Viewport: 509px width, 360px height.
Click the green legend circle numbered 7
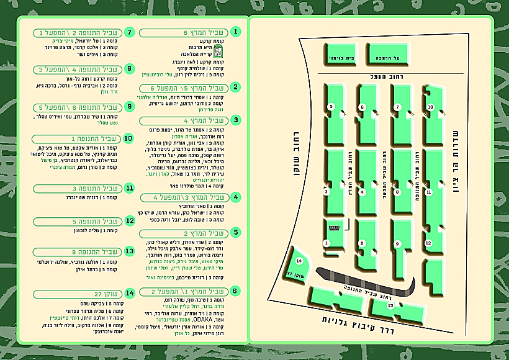130,32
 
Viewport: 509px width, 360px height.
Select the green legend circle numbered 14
130,292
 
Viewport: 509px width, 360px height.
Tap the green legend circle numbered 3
235,120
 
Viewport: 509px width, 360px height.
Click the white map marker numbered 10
430,107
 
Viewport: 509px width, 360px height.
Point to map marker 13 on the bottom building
390,305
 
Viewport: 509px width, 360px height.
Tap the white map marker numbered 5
331,107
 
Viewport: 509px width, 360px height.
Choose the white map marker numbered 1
327,243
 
